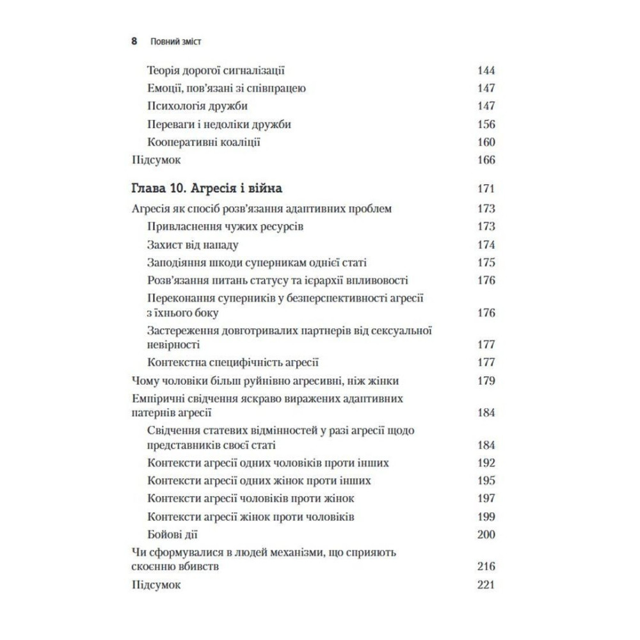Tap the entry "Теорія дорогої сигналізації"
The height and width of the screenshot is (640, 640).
click(x=216, y=70)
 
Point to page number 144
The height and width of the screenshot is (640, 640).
click(x=486, y=70)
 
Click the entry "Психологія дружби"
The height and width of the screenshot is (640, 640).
click(x=197, y=106)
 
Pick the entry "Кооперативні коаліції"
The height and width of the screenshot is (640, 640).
click(x=204, y=142)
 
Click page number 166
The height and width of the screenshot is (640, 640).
click(x=486, y=160)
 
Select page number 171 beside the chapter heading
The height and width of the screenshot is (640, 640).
click(x=486, y=189)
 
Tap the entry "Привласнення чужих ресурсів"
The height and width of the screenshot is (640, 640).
click(x=225, y=227)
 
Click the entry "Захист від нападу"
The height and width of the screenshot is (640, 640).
click(x=193, y=244)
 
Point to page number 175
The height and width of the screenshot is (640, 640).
click(x=486, y=262)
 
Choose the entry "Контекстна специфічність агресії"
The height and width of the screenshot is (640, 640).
click(x=233, y=362)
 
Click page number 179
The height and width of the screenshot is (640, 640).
click(x=486, y=381)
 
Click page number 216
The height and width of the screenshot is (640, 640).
click(x=486, y=566)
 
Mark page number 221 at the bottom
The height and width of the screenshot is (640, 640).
click(x=486, y=585)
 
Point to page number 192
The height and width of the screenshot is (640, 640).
click(x=486, y=463)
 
